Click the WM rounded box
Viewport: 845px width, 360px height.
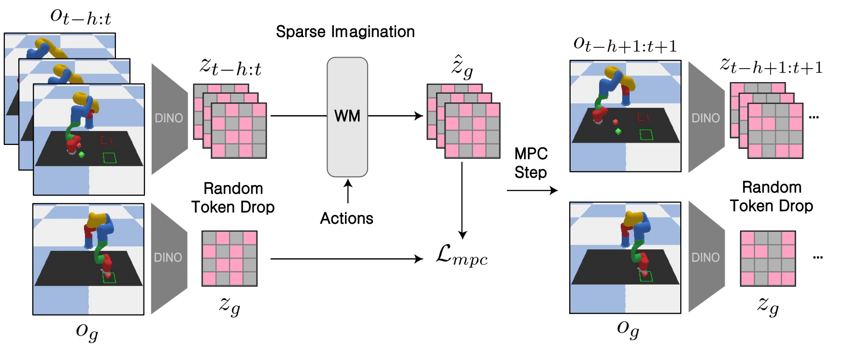coord(347,117)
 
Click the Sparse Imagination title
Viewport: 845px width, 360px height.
coord(345,32)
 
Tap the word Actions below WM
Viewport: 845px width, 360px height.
coord(346,218)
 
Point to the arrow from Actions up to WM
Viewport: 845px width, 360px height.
coord(347,191)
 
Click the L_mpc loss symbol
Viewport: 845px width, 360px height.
coord(461,255)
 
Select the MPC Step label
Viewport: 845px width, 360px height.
coord(530,163)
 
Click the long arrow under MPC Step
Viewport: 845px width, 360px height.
coord(531,190)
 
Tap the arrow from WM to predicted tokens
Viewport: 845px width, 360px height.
coord(395,116)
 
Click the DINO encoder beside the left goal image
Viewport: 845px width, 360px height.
coord(168,258)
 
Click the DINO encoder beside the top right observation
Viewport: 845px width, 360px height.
coord(705,118)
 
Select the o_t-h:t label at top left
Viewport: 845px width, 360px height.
coord(81,17)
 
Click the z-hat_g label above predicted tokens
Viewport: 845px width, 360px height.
coord(462,68)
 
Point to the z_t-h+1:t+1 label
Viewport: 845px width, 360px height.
coord(771,66)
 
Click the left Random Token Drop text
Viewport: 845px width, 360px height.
coord(233,198)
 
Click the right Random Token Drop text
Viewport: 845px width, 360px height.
coord(771,197)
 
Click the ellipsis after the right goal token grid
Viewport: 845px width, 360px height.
coord(817,258)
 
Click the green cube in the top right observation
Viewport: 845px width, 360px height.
coord(618,131)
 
